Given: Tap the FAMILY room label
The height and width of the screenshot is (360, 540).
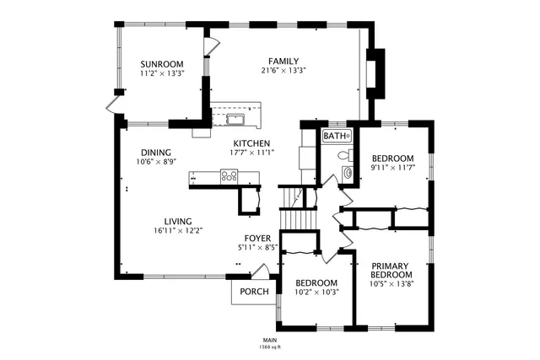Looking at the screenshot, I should point(283,61).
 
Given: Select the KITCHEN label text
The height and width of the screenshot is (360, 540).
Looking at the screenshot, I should point(251,143).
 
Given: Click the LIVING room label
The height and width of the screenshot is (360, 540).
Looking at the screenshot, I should point(177,221).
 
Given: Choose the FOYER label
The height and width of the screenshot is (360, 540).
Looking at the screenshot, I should point(257,239).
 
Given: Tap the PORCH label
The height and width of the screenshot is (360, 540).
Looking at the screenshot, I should point(254,292).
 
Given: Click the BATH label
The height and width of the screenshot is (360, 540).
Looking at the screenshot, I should point(336,136).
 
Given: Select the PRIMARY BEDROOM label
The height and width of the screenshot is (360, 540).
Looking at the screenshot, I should point(391,270).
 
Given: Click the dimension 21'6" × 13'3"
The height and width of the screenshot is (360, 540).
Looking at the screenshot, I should point(283,71).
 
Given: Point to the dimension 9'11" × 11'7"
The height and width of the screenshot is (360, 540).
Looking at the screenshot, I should point(393,169).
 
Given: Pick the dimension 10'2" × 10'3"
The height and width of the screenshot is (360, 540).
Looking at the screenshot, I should point(316,293).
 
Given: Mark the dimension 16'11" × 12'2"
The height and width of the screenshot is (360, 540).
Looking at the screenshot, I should point(178,230).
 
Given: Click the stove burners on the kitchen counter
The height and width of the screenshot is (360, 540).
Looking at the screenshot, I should point(229,176).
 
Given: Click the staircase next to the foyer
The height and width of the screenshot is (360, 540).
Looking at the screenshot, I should point(296,211).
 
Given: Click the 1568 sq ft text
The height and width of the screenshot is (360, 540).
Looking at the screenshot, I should point(269,347).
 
